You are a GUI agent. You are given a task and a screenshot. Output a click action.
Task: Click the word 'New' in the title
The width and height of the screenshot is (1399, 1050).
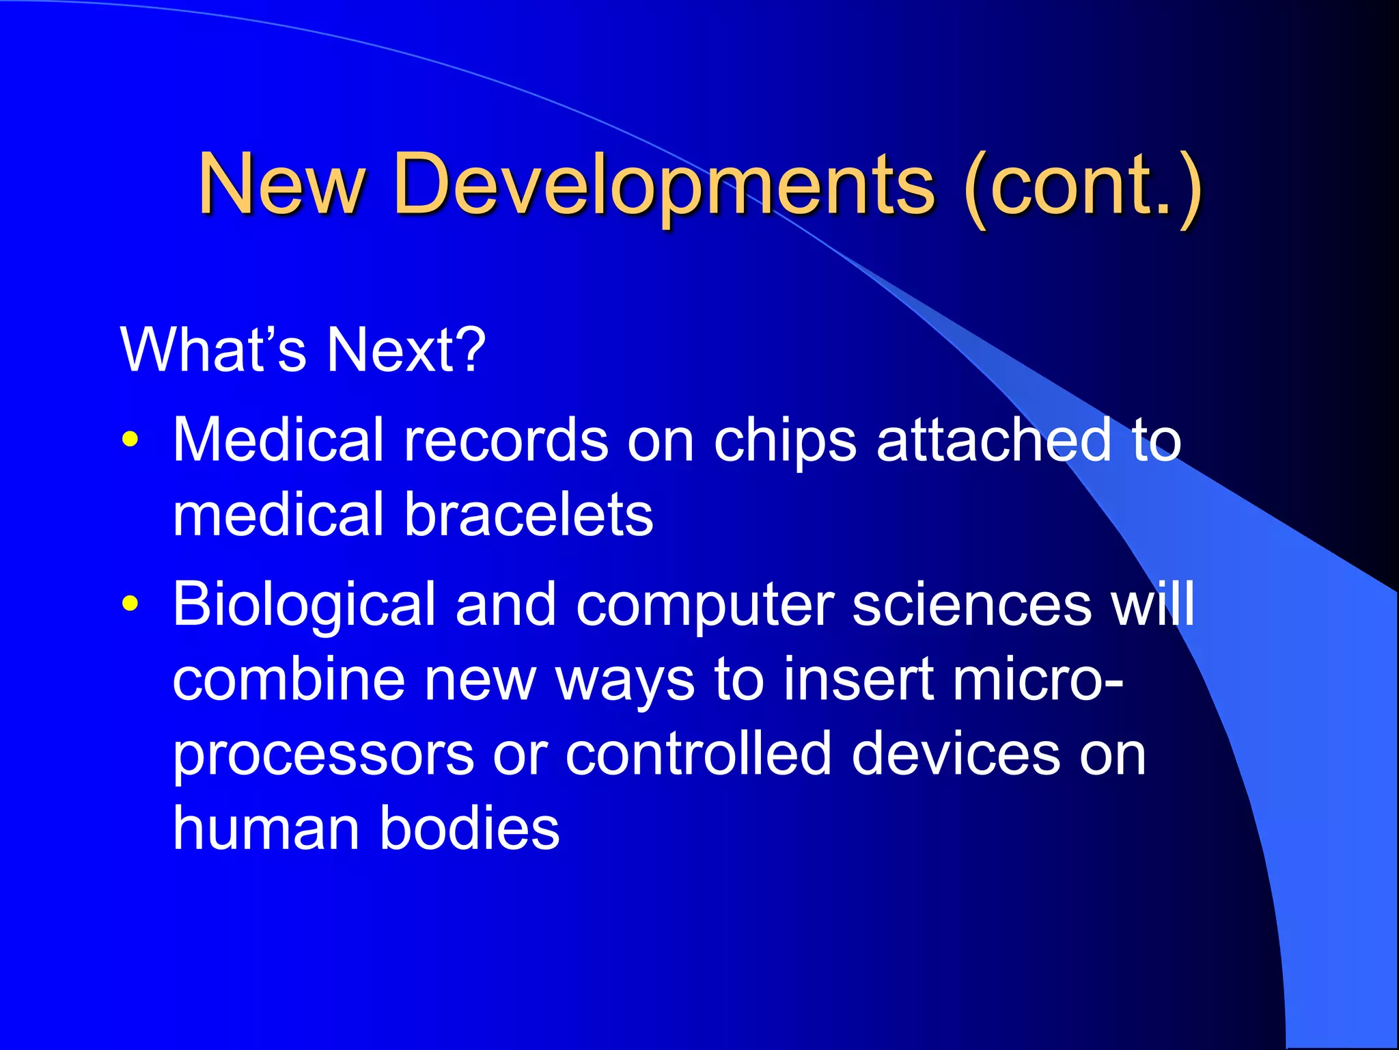281,183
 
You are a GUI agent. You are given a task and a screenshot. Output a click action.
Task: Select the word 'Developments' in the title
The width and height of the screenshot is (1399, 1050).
664,185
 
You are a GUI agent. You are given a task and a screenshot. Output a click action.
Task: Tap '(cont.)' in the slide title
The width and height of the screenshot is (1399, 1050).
1082,185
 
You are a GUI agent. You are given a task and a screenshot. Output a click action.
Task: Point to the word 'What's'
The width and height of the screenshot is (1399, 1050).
214,349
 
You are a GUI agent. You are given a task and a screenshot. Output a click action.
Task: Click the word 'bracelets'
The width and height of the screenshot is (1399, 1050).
529,514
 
